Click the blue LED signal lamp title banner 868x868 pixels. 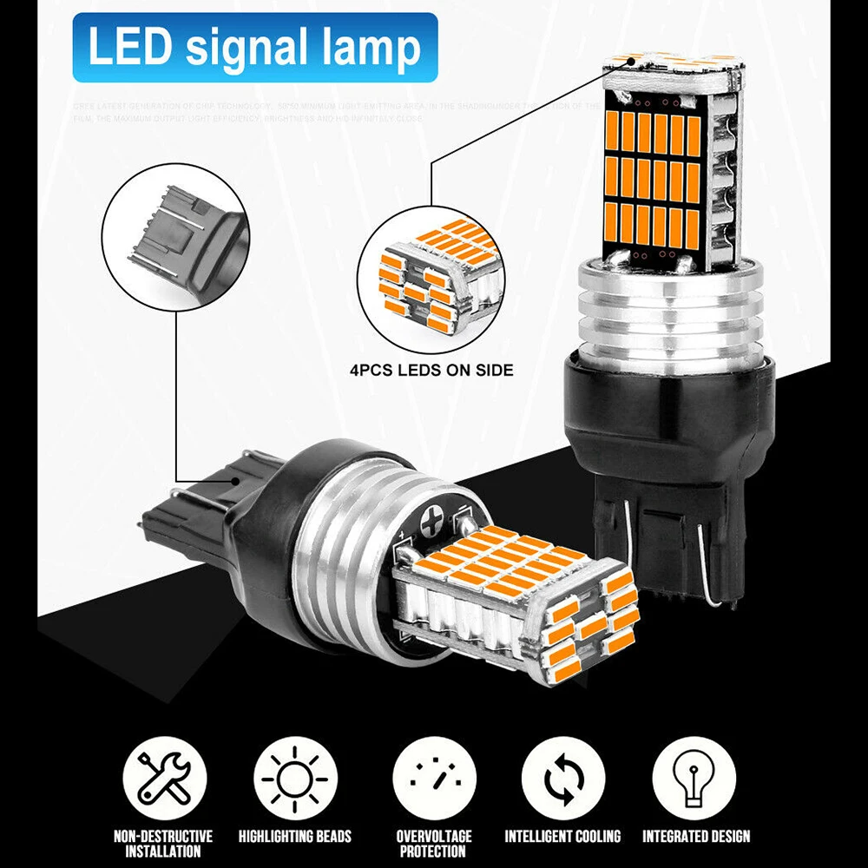coord(254,47)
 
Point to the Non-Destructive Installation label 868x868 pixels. coord(163,844)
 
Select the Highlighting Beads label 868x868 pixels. coord(295,837)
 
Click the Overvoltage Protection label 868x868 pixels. coord(435,844)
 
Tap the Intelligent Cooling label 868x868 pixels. coord(562,837)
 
